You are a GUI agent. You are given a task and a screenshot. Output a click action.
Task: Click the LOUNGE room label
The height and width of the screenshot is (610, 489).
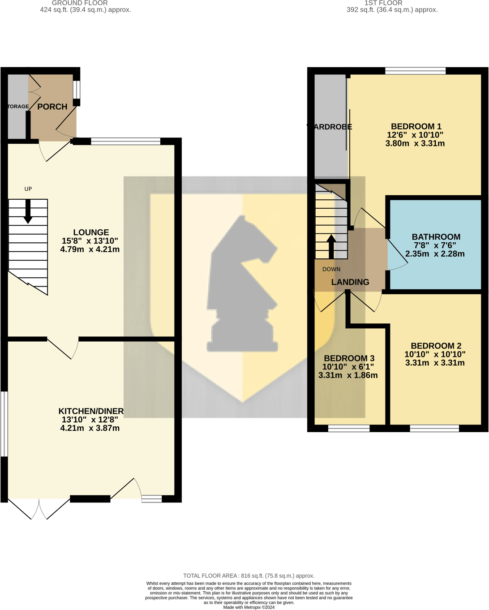point(91,232)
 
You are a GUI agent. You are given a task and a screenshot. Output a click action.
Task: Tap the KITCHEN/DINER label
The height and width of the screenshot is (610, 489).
point(91,411)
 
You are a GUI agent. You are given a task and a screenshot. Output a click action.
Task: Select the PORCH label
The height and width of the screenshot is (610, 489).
point(52,107)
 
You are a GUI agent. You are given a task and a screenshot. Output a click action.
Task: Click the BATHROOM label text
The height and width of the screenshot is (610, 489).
point(436,237)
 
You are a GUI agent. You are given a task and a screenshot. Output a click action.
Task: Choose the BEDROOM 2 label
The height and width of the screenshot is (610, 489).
point(436,346)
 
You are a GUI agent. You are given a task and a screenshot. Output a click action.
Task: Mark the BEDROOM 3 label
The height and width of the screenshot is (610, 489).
point(349,358)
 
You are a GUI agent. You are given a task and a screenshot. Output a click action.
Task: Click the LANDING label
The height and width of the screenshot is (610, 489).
point(350,282)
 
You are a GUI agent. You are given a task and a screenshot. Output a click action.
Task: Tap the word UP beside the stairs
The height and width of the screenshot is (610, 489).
point(28,189)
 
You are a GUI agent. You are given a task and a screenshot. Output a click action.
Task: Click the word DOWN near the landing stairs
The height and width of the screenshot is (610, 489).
point(331,269)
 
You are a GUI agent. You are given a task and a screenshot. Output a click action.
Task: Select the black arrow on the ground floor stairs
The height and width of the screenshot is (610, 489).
point(28,212)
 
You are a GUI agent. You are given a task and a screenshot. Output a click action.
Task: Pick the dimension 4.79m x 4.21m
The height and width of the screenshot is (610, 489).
point(90,249)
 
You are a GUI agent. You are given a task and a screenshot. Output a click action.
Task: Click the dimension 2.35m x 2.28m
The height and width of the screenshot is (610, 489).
point(435,254)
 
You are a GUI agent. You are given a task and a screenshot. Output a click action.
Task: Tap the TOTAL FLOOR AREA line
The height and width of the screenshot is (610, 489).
point(249,576)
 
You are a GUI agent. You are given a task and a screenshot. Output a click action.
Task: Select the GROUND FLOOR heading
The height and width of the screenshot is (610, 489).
point(80,3)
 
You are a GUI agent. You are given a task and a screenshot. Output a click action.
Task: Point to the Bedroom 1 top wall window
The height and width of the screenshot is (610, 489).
point(415,70)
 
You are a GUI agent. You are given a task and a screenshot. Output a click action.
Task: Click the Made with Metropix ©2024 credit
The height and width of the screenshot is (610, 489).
point(249,607)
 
